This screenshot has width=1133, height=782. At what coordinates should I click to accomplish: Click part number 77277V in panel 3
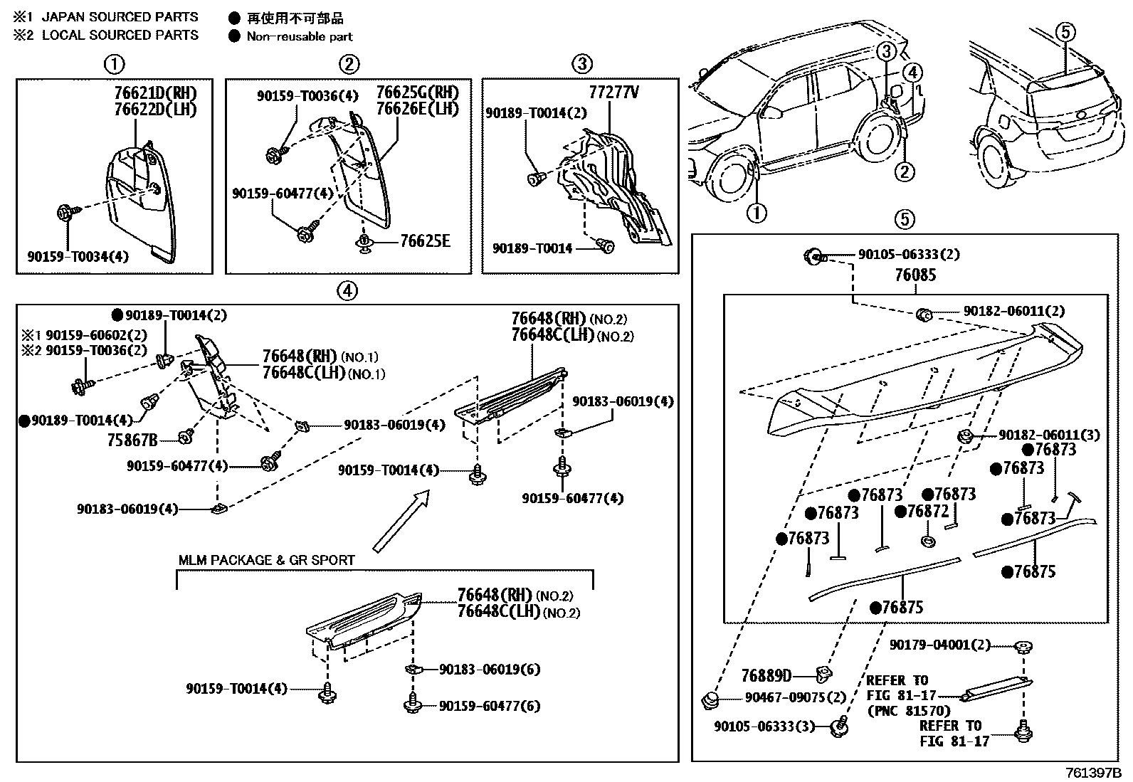pyautogui.click(x=614, y=93)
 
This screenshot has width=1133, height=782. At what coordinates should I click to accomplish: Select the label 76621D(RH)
pyautogui.click(x=155, y=93)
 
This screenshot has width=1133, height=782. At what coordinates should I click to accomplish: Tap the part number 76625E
pyautogui.click(x=425, y=241)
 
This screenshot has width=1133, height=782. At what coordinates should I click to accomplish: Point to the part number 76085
pyautogui.click(x=915, y=275)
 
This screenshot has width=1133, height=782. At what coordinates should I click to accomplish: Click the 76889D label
pyautogui.click(x=766, y=675)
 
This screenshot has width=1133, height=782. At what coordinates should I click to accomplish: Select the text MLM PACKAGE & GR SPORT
pyautogui.click(x=266, y=560)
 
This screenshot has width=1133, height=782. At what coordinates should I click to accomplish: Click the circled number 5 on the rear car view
pyautogui.click(x=1065, y=31)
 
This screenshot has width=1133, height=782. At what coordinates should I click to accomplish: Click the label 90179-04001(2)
pyautogui.click(x=939, y=645)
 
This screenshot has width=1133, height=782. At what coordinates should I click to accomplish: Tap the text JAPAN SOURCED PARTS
pyautogui.click(x=120, y=16)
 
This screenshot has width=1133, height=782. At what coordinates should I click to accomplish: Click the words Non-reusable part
pyautogui.click(x=299, y=36)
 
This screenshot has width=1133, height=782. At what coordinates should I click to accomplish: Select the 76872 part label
pyautogui.click(x=928, y=511)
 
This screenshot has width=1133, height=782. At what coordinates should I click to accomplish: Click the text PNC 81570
pyautogui.click(x=908, y=710)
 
